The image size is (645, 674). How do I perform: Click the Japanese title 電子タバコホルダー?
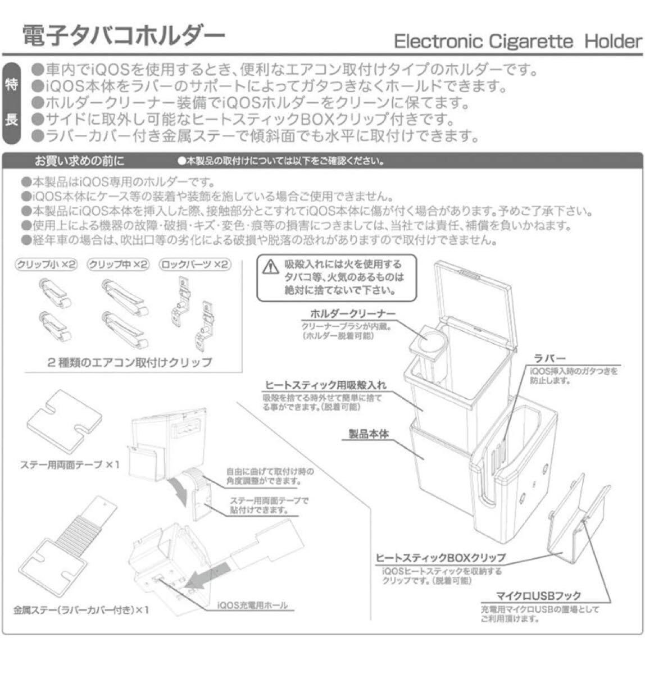pyautogui.click(x=123, y=37)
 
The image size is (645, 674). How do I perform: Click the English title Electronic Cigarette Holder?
pyautogui.click(x=517, y=41)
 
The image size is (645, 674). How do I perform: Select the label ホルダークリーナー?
pyautogui.click(x=353, y=314)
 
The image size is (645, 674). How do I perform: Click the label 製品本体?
pyautogui.click(x=369, y=434)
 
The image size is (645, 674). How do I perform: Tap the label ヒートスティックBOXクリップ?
pyautogui.click(x=440, y=558)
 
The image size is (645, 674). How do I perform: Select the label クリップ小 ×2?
pyautogui.click(x=46, y=265)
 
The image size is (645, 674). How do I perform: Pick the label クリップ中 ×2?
pyautogui.click(x=119, y=265)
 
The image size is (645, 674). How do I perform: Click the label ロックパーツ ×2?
pyautogui.click(x=195, y=265)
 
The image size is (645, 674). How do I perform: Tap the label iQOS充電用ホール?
pyautogui.click(x=252, y=605)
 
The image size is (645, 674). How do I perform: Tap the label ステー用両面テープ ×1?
pyautogui.click(x=70, y=465)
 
